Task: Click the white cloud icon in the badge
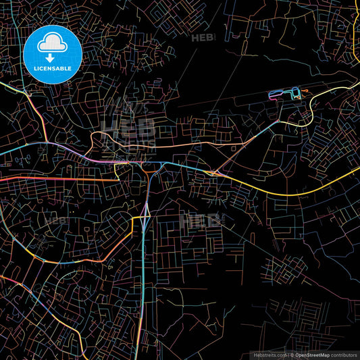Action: [52, 43]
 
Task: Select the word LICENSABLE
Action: [52, 68]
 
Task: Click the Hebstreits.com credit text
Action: [268, 355]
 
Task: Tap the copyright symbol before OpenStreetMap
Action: [291, 355]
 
